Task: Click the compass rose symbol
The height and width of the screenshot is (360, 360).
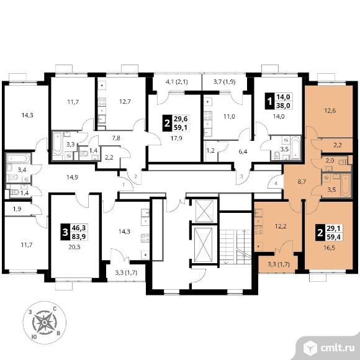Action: pyautogui.click(x=45, y=323)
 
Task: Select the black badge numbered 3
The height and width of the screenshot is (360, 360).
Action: pyautogui.click(x=65, y=232)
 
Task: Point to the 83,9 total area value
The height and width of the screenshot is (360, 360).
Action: pyautogui.click(x=79, y=236)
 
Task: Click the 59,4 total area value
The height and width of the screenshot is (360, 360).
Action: pyautogui.click(x=334, y=236)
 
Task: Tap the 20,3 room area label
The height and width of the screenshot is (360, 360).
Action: pyautogui.click(x=74, y=247)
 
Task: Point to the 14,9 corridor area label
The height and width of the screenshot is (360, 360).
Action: pyautogui.click(x=73, y=177)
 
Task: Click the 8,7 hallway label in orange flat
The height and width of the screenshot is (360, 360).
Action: pyautogui.click(x=302, y=182)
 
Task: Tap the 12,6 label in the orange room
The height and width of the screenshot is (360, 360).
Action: pyautogui.click(x=330, y=110)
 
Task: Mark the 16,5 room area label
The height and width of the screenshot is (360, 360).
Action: pyautogui.click(x=330, y=248)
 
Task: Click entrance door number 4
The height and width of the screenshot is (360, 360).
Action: pyautogui.click(x=276, y=184)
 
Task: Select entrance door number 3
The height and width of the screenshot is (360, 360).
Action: pyautogui.click(x=241, y=176)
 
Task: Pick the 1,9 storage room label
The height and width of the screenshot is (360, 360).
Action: pyautogui.click(x=17, y=209)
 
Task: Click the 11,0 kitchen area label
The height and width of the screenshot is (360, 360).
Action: pyautogui.click(x=229, y=117)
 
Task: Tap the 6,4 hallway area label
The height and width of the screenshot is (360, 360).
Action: pyautogui.click(x=243, y=151)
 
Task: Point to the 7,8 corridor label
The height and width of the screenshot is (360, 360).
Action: pyautogui.click(x=115, y=138)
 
